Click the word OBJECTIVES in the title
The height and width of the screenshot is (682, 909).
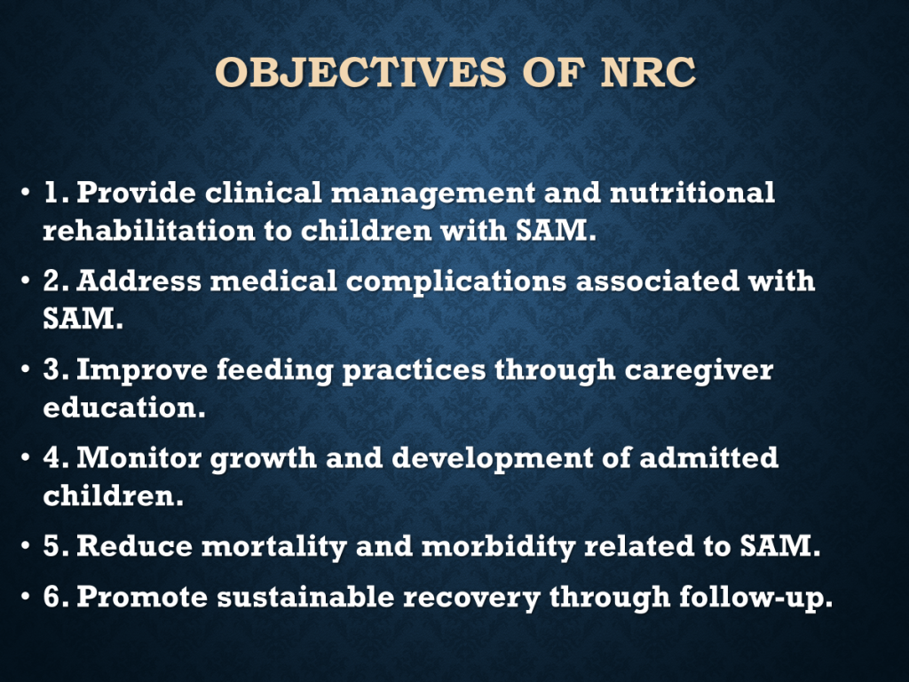click(x=360, y=73)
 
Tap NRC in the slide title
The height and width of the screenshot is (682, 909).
click(x=648, y=73)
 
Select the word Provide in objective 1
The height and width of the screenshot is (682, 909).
click(x=136, y=192)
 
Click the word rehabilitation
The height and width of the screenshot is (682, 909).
click(x=149, y=230)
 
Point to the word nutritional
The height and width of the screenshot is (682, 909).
click(x=692, y=192)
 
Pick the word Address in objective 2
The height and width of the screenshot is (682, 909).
click(x=139, y=281)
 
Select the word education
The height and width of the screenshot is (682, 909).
click(x=124, y=407)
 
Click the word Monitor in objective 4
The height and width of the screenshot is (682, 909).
click(x=139, y=457)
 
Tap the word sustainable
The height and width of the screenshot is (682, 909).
click(x=305, y=597)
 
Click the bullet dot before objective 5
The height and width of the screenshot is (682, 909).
click(x=25, y=546)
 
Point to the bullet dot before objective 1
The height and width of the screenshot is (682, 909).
click(x=25, y=192)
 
